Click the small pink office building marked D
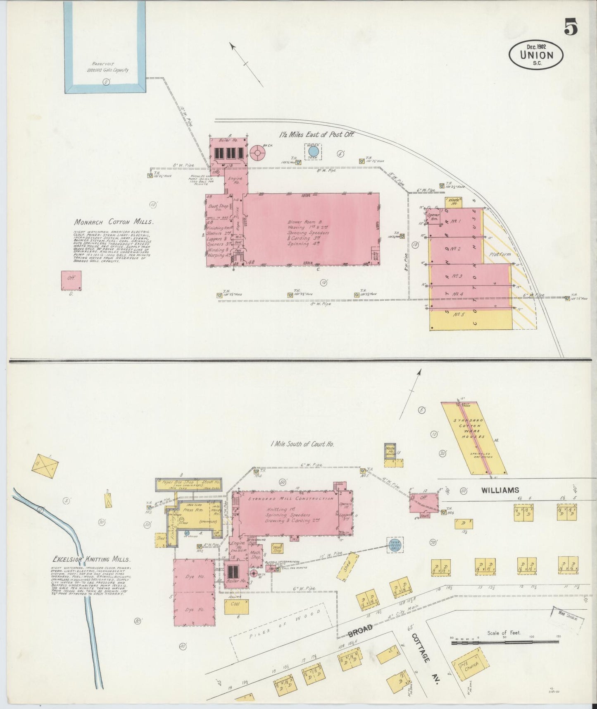coord(71,281)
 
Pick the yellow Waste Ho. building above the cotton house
coord(453,202)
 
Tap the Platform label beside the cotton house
coord(499,254)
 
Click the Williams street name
coord(499,490)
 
